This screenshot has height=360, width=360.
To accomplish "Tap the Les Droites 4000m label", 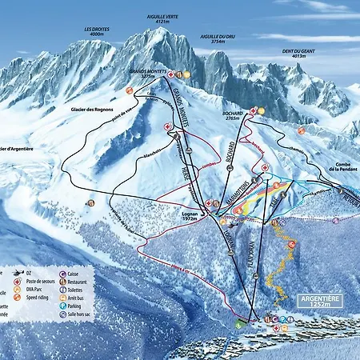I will [97, 32].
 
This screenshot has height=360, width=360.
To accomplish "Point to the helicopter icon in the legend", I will [18, 274].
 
